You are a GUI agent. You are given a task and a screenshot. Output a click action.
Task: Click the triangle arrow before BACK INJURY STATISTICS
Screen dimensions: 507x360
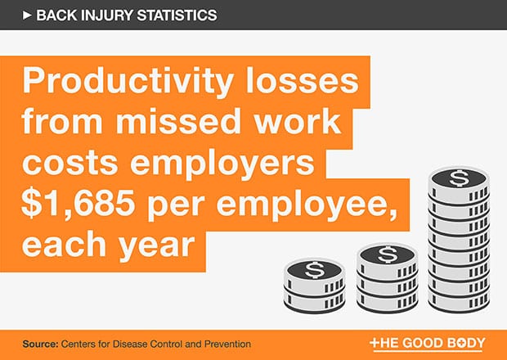[x=27, y=16]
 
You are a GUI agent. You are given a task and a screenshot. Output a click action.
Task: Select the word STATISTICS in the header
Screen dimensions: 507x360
[x=177, y=16]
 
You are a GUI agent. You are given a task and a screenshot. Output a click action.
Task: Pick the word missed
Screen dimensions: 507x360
[x=178, y=121]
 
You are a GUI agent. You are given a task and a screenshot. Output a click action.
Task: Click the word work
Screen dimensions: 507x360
[x=298, y=121]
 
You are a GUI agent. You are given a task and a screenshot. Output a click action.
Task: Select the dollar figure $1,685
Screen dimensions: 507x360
[x=78, y=204]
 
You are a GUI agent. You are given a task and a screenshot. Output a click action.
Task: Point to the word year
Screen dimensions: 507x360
[x=156, y=245]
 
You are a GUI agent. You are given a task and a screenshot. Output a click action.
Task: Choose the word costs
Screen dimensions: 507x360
[x=70, y=162]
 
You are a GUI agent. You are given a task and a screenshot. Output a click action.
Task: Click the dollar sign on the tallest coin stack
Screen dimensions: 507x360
[x=459, y=178]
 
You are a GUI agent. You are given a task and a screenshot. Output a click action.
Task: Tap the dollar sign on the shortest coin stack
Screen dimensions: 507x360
[x=313, y=269]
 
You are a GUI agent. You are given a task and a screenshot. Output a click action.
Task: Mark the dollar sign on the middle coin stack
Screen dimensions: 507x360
[x=388, y=254]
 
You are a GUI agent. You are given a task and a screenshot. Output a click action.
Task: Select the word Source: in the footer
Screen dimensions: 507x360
[x=40, y=344]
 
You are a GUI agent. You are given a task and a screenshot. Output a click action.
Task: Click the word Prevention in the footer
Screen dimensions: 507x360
[x=231, y=344]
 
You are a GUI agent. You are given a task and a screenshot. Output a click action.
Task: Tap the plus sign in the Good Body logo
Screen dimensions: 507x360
[x=374, y=342]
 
